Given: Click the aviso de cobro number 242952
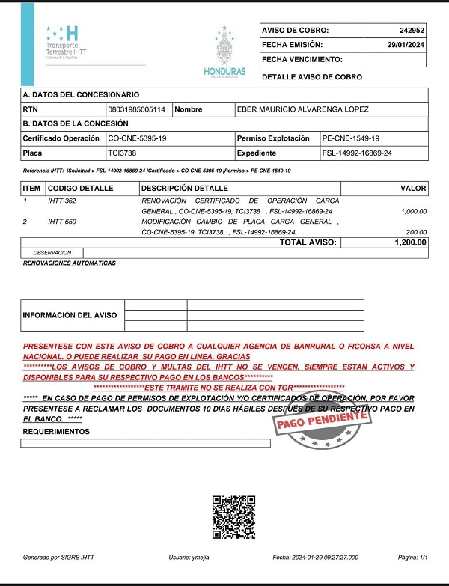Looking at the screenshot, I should pyautogui.click(x=412, y=31).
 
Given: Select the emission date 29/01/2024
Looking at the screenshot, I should pyautogui.click(x=406, y=45).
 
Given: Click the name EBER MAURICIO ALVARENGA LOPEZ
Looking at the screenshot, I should pyautogui.click(x=302, y=109).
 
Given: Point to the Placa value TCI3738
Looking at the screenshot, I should pyautogui.click(x=123, y=153).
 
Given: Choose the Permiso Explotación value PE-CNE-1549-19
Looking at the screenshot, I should pyautogui.click(x=350, y=138).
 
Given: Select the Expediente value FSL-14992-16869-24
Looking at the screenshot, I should pyautogui.click(x=358, y=153).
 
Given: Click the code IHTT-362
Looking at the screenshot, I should pyautogui.click(x=62, y=201).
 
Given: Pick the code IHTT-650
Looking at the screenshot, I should pyautogui.click(x=62, y=222).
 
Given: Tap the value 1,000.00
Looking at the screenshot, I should pyautogui.click(x=413, y=212).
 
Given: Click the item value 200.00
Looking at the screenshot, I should pyautogui.click(x=415, y=233).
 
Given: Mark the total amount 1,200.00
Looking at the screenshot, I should pyautogui.click(x=410, y=242).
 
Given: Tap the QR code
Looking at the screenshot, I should pyautogui.click(x=233, y=517).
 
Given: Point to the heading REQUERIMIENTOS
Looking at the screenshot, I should pyautogui.click(x=56, y=432).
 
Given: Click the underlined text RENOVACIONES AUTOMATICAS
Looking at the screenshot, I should pyautogui.click(x=70, y=263).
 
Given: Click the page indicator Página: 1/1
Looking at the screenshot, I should pyautogui.click(x=413, y=558).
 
